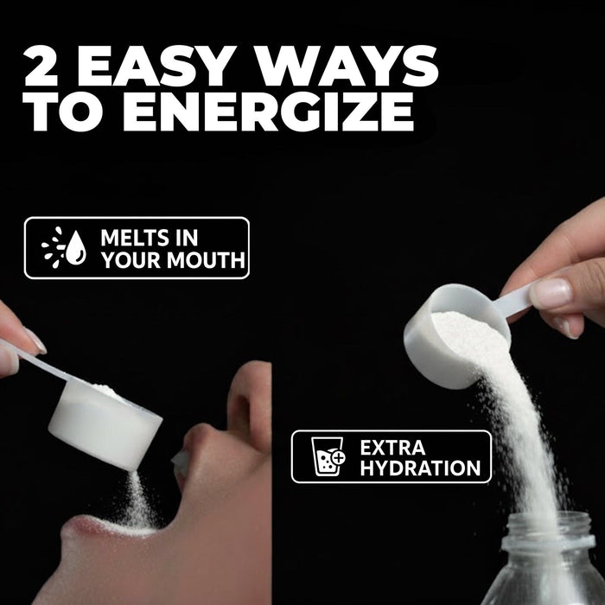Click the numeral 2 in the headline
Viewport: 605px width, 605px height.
click(41, 66)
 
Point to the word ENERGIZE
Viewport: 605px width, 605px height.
click(269, 111)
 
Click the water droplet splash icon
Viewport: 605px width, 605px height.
click(64, 247)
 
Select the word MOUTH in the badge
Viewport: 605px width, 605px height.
click(207, 259)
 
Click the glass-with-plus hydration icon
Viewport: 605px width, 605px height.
click(328, 456)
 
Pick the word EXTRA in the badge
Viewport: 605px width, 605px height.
click(392, 448)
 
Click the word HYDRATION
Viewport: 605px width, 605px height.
click(420, 468)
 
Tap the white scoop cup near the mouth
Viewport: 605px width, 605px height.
click(105, 425)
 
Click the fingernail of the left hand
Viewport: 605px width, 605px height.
click(35, 341)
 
